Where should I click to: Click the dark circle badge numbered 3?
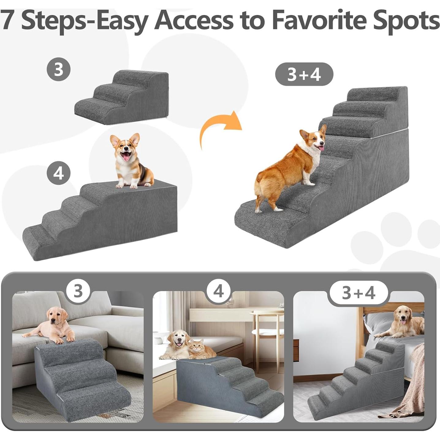point(59,69)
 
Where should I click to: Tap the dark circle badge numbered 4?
point(59,173)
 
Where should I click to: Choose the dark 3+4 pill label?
point(304,74)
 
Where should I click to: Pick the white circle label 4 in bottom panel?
point(218,291)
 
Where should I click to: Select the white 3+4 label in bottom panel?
point(358,293)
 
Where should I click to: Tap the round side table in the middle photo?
point(267,325)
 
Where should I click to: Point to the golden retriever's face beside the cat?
point(178,340)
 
